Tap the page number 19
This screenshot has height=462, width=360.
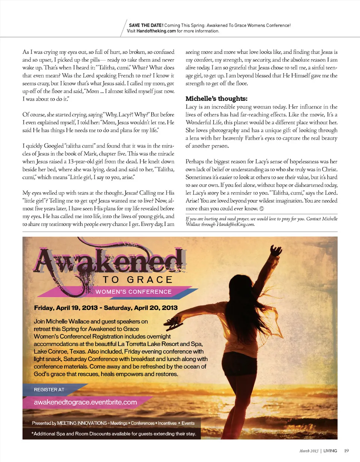346,450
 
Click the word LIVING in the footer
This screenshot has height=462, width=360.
330,450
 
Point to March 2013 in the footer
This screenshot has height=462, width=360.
309,450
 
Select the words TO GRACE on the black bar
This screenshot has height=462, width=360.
137,280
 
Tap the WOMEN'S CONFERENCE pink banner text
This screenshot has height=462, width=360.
134,292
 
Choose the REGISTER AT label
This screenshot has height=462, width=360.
49,390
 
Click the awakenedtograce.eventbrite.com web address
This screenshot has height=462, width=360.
85,402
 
